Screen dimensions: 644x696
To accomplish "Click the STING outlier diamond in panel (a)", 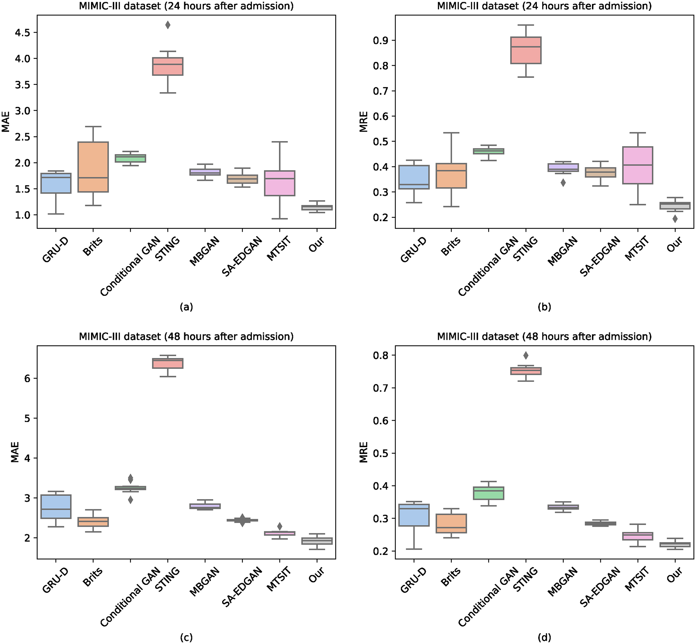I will (168, 25).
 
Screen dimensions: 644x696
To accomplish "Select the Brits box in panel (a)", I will (93, 167).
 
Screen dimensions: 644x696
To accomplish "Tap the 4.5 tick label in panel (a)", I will (22, 33).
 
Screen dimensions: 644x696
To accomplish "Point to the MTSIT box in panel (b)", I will (638, 165).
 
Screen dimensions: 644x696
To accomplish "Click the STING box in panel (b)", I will (526, 50).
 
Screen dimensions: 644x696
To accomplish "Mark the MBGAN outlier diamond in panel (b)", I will (563, 183).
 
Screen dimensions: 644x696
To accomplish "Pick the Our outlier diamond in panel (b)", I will (675, 219).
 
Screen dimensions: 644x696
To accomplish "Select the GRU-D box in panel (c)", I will (56, 507).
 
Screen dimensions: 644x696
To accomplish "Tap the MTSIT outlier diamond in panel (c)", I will (279, 526).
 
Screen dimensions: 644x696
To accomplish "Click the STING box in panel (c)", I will (168, 363).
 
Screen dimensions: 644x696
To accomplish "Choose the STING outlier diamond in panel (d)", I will (526, 355).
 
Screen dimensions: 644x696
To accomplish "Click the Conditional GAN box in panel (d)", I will (488, 493).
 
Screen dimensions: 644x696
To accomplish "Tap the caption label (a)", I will (186, 307).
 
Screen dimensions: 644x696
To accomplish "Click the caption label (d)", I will (544, 637).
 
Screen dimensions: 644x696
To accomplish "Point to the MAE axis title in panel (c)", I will (15, 452).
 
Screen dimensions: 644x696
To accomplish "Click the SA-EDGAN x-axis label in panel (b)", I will (600, 257).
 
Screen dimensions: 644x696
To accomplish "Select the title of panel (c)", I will (186, 337).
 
